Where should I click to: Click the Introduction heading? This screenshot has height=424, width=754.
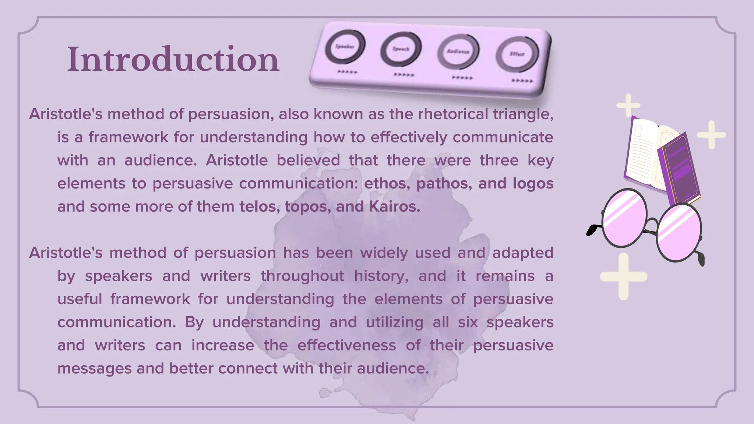point(173,60)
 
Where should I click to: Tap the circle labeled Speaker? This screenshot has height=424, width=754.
point(345,46)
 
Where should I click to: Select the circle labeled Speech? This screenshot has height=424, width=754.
point(401,49)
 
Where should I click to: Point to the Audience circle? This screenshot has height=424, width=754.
point(458,52)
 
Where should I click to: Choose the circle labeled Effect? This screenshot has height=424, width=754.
point(517,54)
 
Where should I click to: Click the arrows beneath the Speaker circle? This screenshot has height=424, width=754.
point(348,72)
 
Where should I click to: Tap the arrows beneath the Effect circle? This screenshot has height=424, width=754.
point(522,81)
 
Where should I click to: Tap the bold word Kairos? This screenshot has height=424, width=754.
point(394,207)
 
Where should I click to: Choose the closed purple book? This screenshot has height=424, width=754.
point(680,169)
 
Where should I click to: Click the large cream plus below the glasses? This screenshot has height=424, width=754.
point(623,276)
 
